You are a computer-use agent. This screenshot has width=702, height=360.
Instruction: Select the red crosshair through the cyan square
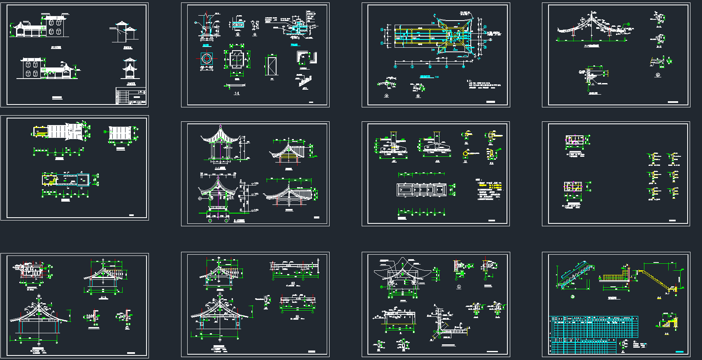[207, 59]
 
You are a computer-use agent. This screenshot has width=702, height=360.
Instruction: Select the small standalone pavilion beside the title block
[130, 69]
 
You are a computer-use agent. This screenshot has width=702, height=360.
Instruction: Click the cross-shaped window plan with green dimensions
[237, 60]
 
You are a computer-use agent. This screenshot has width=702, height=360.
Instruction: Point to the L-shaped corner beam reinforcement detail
[442, 325]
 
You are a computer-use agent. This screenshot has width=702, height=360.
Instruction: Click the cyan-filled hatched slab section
[237, 25]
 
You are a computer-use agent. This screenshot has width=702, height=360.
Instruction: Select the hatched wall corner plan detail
[305, 58]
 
